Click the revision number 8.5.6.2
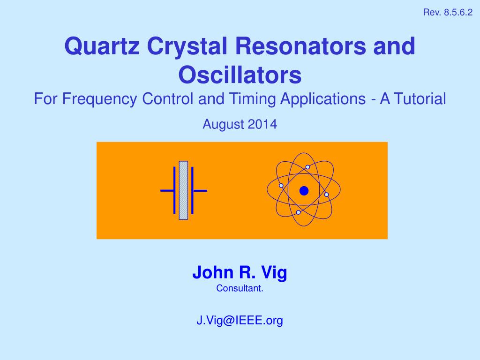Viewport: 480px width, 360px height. [458, 13]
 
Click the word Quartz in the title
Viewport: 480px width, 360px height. [102, 46]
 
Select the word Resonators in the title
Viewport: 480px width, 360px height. [300, 46]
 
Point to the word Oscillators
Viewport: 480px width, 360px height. [240, 75]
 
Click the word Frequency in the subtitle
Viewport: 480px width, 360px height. [100, 99]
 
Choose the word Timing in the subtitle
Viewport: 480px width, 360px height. [253, 99]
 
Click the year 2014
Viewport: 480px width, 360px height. [262, 124]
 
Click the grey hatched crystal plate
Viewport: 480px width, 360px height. [183, 190]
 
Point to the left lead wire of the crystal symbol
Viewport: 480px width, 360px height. [167, 191]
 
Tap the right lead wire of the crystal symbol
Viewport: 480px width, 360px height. [200, 191]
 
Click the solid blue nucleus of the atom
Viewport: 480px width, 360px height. [304, 191]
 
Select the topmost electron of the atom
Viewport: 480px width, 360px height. [307, 167]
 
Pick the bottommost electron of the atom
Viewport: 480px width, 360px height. [298, 212]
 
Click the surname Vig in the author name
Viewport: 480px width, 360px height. [274, 272]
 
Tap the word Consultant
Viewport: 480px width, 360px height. [240, 288]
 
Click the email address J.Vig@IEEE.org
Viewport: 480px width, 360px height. [240, 321]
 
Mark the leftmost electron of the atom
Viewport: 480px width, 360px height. [281, 186]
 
